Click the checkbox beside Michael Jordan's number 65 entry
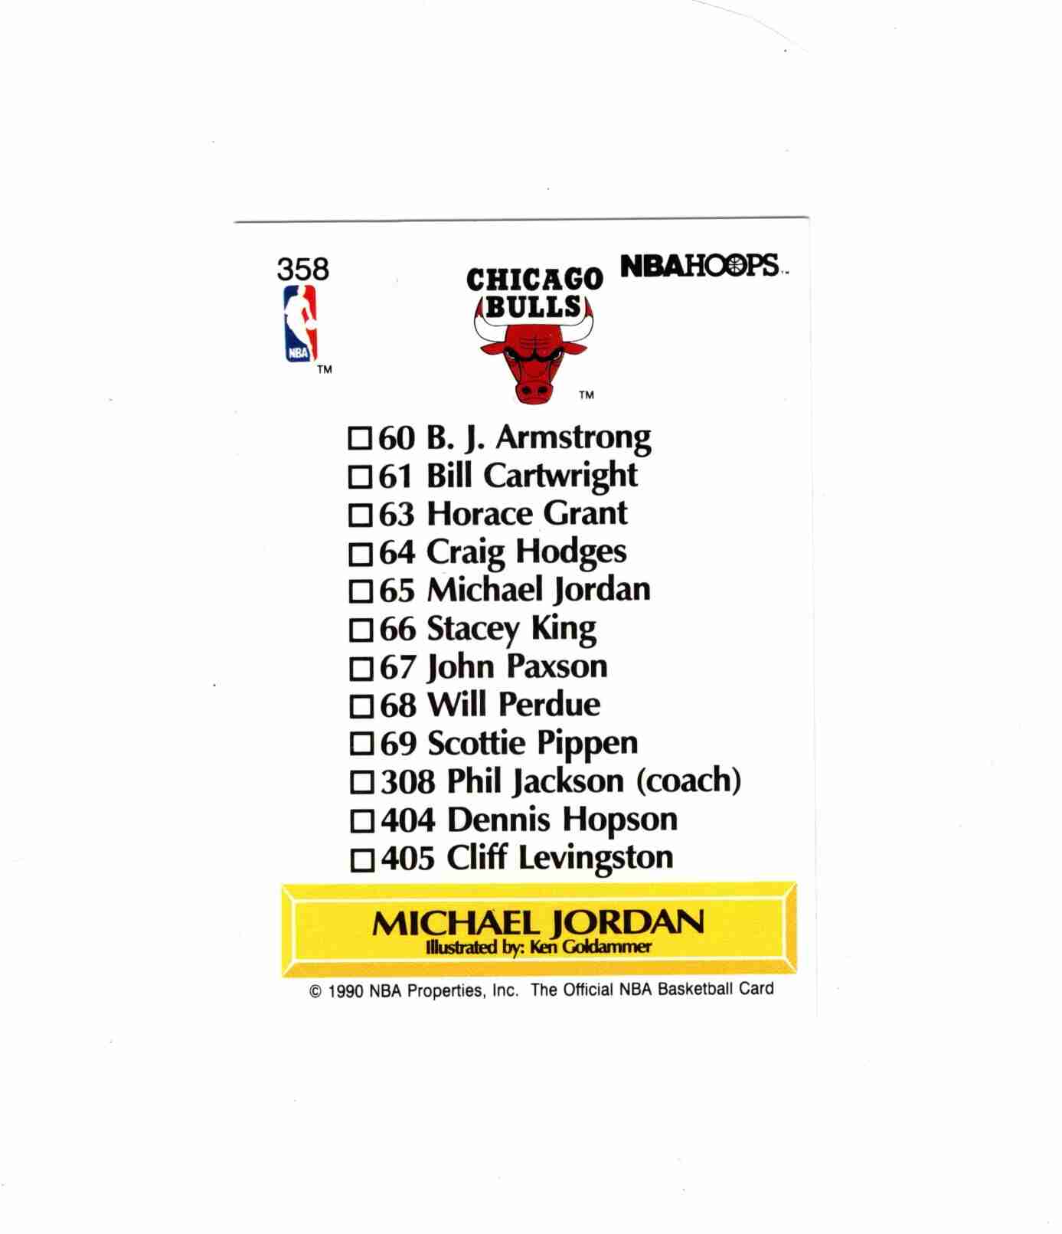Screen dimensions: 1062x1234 (360, 591)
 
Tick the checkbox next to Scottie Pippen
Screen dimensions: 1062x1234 (361, 744)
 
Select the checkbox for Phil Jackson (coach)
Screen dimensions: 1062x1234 (361, 783)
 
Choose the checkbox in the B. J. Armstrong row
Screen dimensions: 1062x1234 (359, 439)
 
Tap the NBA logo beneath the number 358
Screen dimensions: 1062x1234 (299, 323)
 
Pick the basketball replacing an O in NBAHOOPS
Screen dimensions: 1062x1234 (734, 265)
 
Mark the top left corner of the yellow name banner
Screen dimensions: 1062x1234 (282, 885)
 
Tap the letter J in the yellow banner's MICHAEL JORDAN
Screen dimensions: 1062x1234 (557, 924)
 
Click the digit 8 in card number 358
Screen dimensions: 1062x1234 (320, 269)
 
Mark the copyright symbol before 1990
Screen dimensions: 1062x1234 (315, 992)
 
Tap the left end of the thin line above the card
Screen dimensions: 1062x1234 (234, 222)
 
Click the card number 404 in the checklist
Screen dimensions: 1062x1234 (407, 820)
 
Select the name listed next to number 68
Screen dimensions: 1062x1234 (514, 705)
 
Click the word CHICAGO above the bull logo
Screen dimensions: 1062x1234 (534, 279)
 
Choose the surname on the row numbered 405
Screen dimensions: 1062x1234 (596, 859)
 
